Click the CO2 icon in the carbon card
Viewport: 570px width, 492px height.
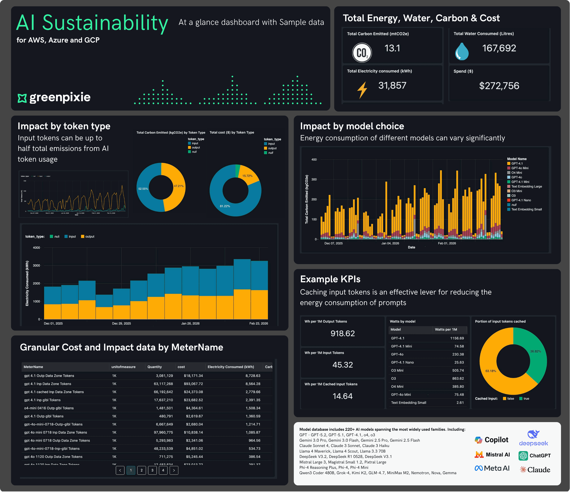coord(362,53)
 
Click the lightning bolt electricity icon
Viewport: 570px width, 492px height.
coord(362,90)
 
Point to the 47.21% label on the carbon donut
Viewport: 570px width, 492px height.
coord(179,186)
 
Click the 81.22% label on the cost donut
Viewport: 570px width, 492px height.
coord(225,206)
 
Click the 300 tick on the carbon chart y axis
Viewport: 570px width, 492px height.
coord(314,179)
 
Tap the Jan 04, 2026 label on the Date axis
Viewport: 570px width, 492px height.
coord(390,243)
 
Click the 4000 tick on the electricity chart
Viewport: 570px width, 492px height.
coord(36,248)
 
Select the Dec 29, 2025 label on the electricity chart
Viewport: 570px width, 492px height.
coord(121,323)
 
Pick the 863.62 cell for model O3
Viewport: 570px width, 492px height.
coord(458,378)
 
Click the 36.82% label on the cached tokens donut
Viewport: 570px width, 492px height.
coord(535,351)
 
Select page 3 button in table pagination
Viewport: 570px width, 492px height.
coord(152,470)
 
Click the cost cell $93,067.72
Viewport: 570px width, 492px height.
coord(193,384)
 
